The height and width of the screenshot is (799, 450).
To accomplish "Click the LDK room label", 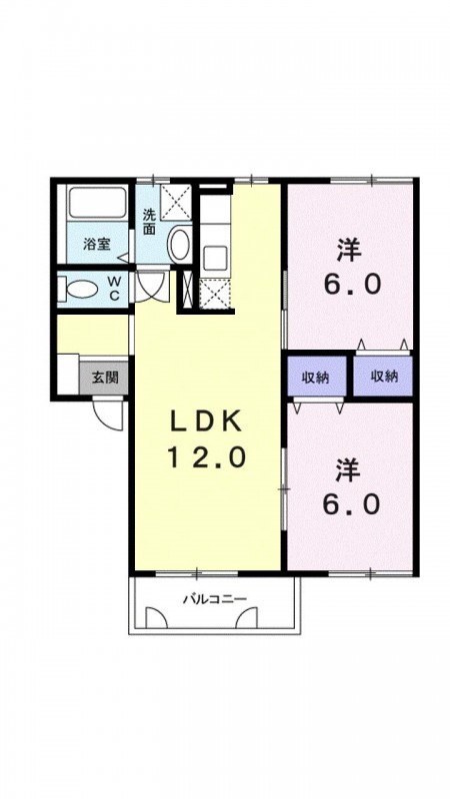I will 204,422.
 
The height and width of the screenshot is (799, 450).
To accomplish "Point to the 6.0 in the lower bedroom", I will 349,504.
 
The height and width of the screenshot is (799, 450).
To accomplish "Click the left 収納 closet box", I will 318,377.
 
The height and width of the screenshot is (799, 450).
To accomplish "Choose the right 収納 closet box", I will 384,377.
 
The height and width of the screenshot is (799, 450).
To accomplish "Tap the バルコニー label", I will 213,600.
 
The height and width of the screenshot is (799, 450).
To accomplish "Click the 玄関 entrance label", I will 104,378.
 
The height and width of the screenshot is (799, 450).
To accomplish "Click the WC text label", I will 114,290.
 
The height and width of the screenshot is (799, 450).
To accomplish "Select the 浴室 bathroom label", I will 95,243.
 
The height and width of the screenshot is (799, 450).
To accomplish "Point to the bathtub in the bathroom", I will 98,205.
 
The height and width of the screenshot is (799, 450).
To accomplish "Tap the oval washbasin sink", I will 179,245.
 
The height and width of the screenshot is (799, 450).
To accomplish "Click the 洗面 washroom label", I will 148,221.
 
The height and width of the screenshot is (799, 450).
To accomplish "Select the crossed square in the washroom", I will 174,203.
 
